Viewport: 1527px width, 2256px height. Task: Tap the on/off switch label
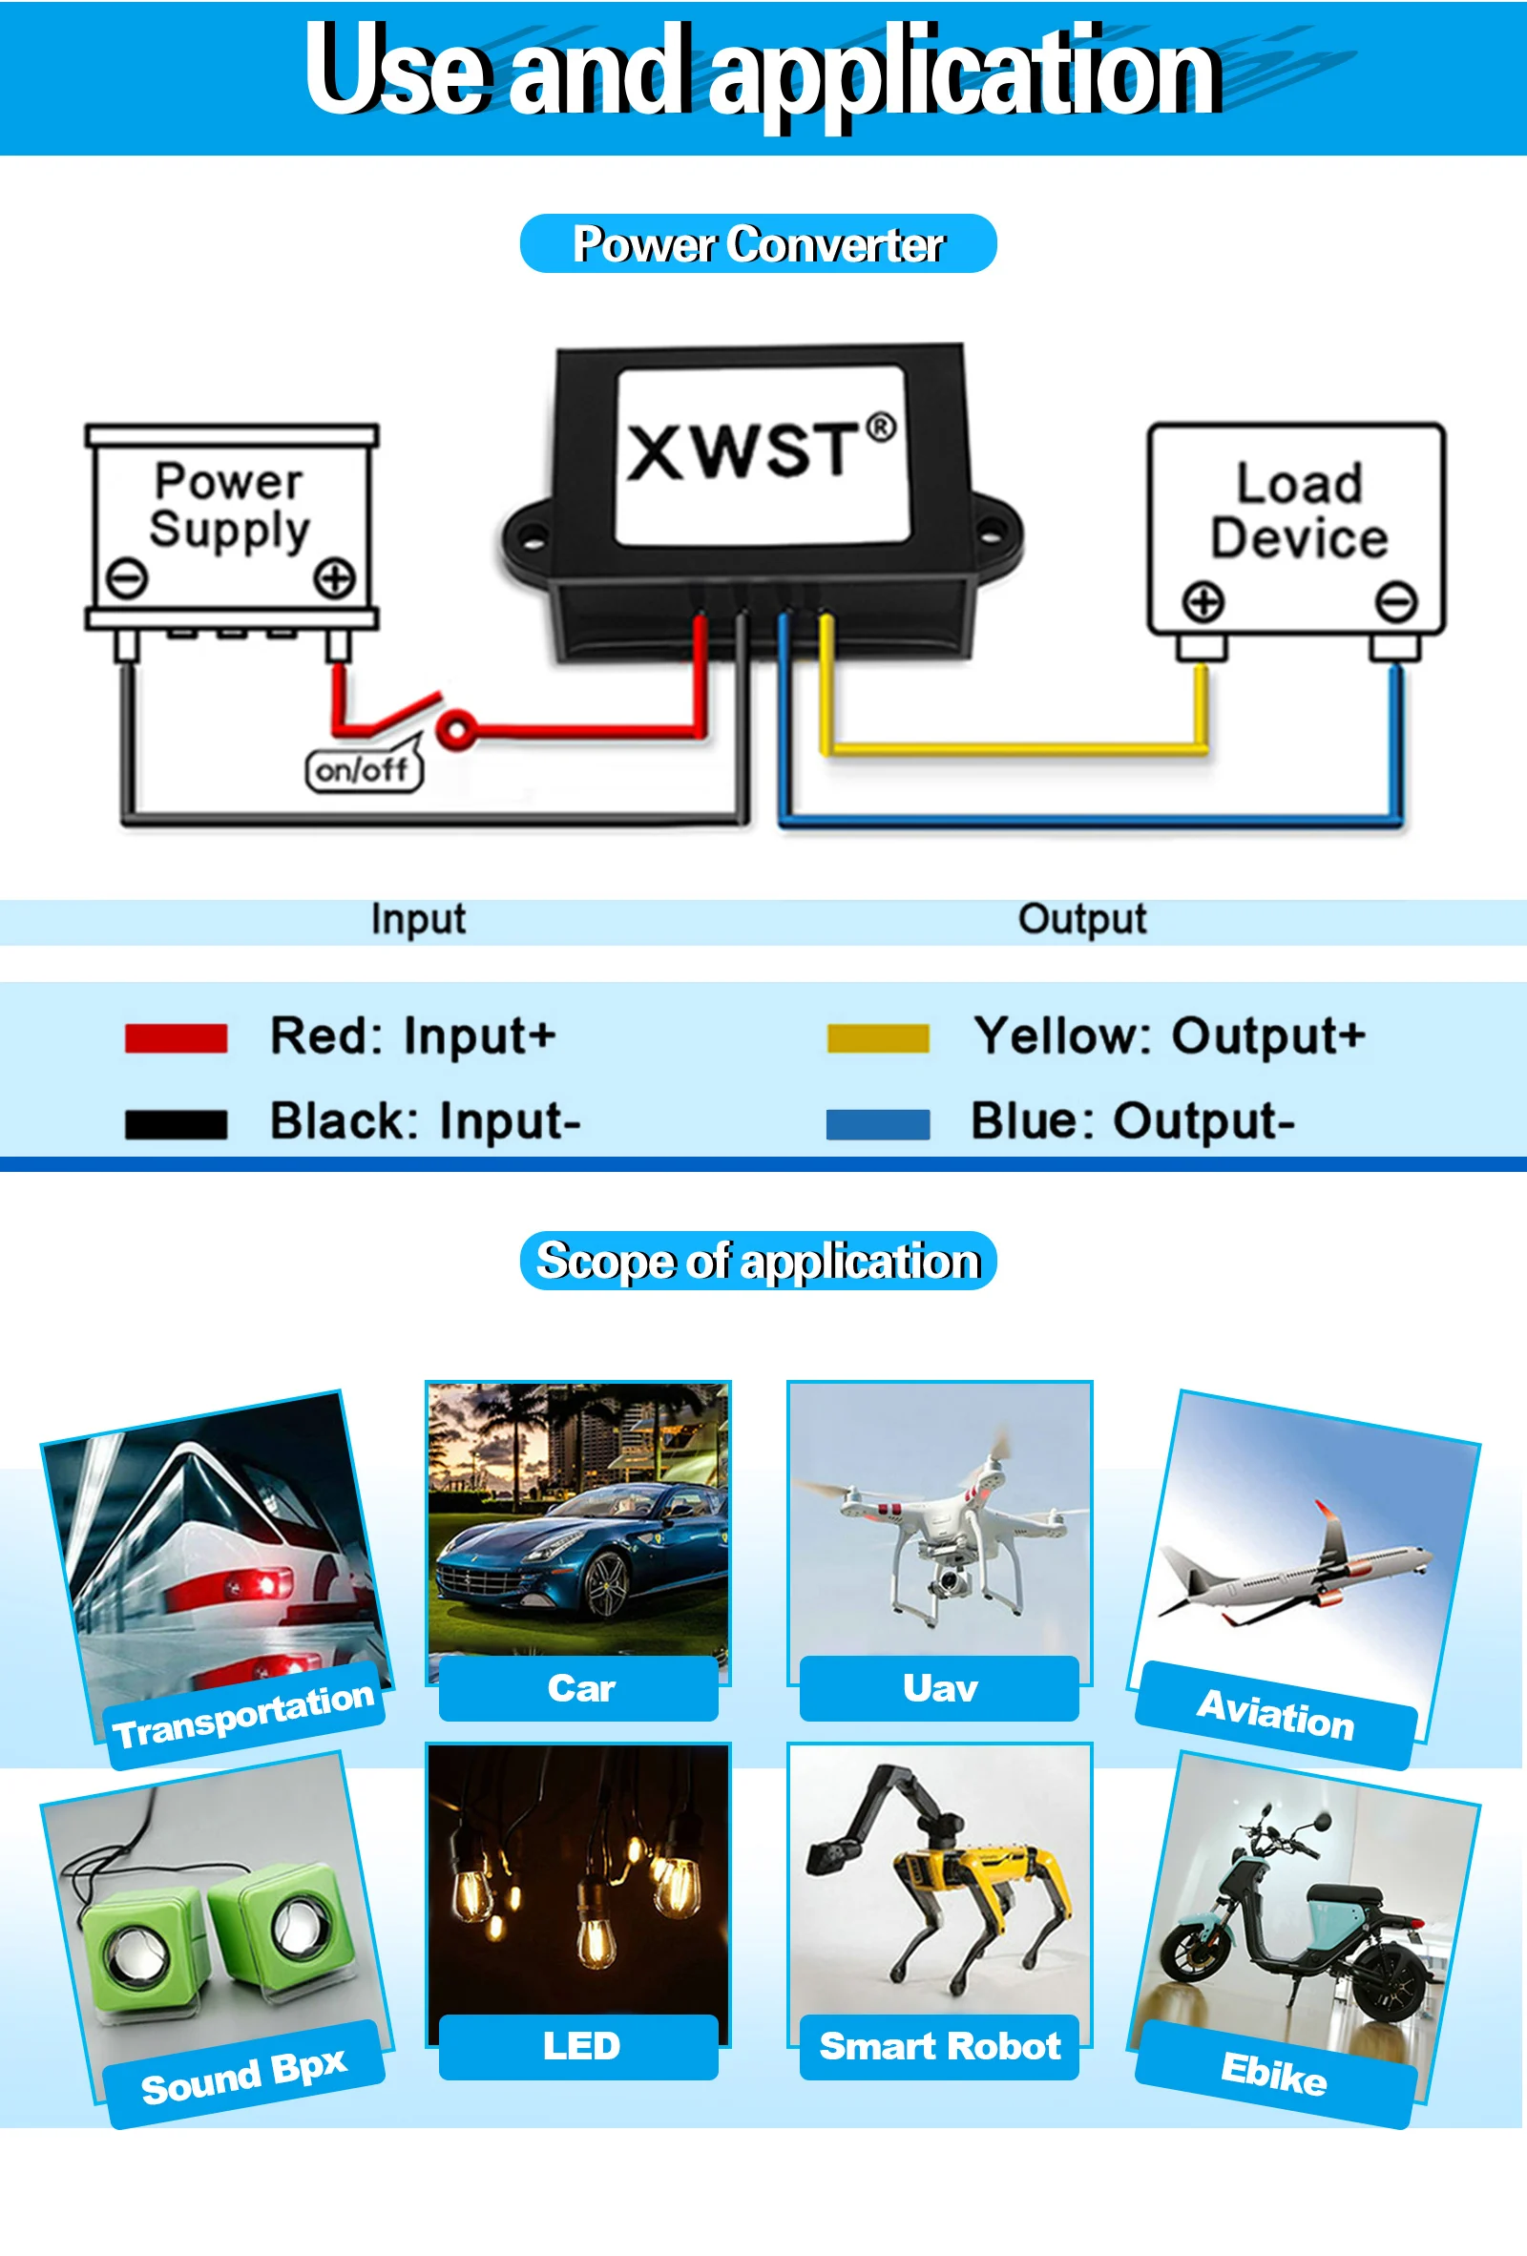[364, 770]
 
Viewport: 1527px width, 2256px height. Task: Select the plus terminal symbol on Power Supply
[334, 578]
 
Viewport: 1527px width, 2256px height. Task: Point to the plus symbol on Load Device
[1203, 602]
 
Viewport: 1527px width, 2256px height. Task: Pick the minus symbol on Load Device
[1396, 602]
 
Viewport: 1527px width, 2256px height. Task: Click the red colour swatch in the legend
[176, 1037]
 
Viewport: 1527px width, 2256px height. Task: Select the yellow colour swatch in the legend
[878, 1037]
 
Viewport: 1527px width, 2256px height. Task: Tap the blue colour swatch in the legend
[878, 1123]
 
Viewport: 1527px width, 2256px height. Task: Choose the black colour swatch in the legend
[176, 1123]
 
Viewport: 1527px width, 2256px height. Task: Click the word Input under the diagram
[418, 919]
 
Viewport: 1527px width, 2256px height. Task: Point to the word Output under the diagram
[1081, 919]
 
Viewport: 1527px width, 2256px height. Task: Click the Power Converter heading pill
[758, 243]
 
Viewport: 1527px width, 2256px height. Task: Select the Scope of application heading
[758, 1261]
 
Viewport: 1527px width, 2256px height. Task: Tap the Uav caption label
[940, 1688]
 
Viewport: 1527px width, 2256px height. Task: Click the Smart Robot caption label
[940, 2046]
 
